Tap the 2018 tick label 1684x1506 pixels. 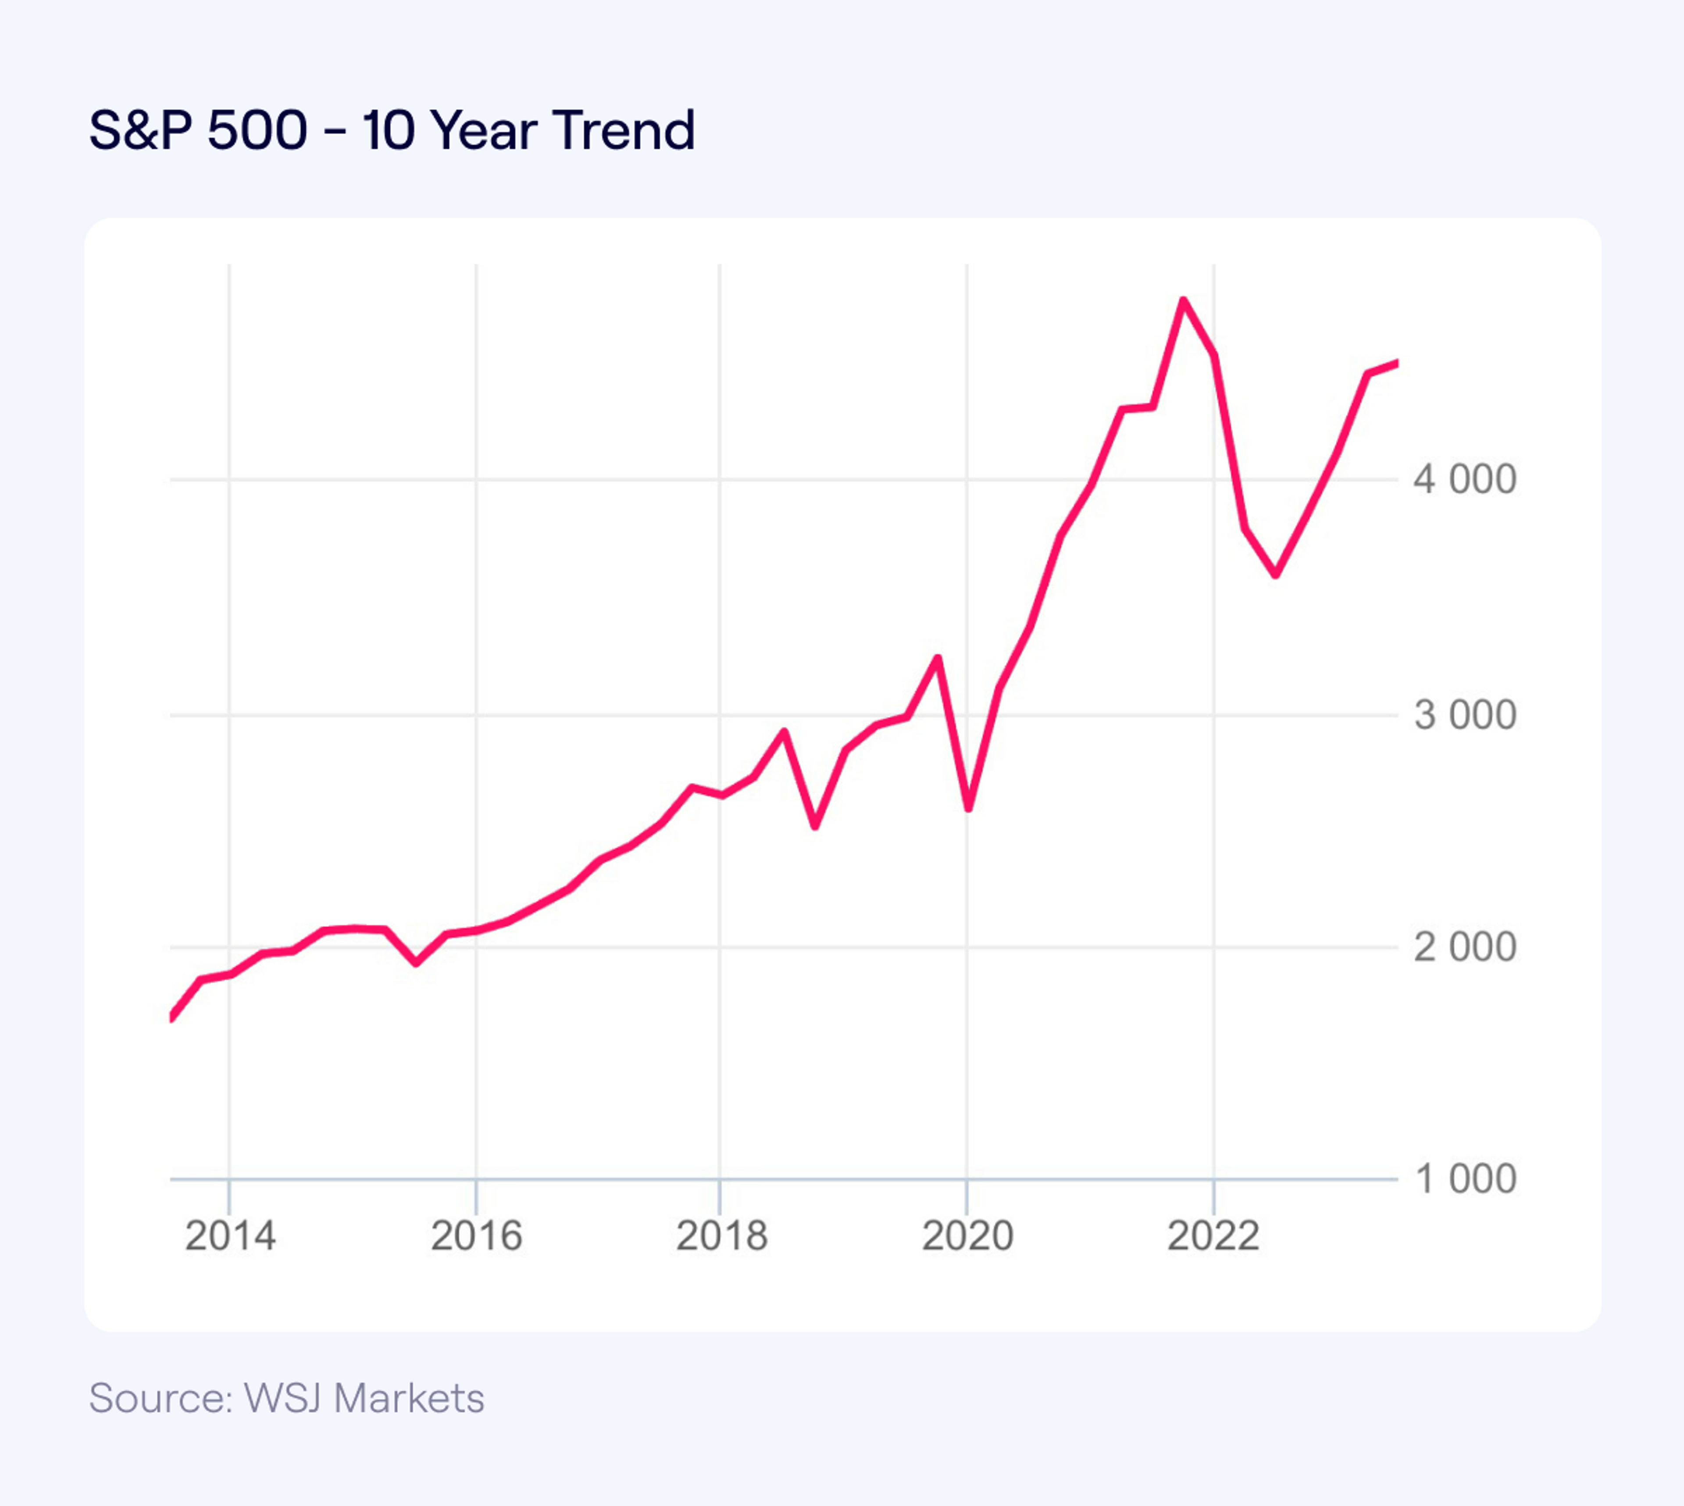coord(721,1236)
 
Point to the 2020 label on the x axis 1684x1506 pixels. coord(967,1236)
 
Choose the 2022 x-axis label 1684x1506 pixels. coord(1213,1236)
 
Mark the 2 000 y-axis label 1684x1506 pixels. coord(1465,947)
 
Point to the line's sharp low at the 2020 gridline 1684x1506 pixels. coord(968,808)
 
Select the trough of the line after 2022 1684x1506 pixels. coord(1276,574)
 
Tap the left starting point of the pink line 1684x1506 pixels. coord(171,1018)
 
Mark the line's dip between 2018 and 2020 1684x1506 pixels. coord(815,825)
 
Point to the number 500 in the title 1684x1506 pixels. coord(257,131)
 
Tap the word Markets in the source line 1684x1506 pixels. coord(409,1399)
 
